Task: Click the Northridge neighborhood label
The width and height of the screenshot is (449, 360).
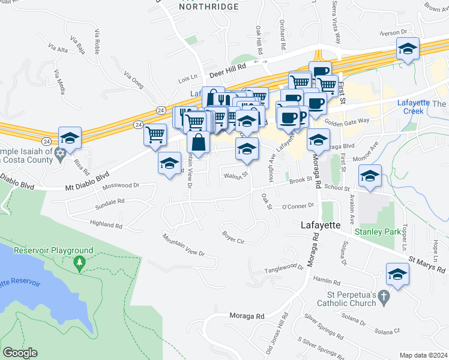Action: click(208, 7)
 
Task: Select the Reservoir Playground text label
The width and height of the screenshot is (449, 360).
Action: click(53, 250)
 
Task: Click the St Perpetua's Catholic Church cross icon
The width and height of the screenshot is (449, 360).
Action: click(385, 296)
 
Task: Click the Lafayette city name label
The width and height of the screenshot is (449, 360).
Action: click(320, 225)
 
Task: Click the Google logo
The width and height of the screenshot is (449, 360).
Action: click(20, 353)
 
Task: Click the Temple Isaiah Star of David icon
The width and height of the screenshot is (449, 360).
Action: click(59, 155)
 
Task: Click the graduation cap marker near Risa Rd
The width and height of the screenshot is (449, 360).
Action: click(70, 139)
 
